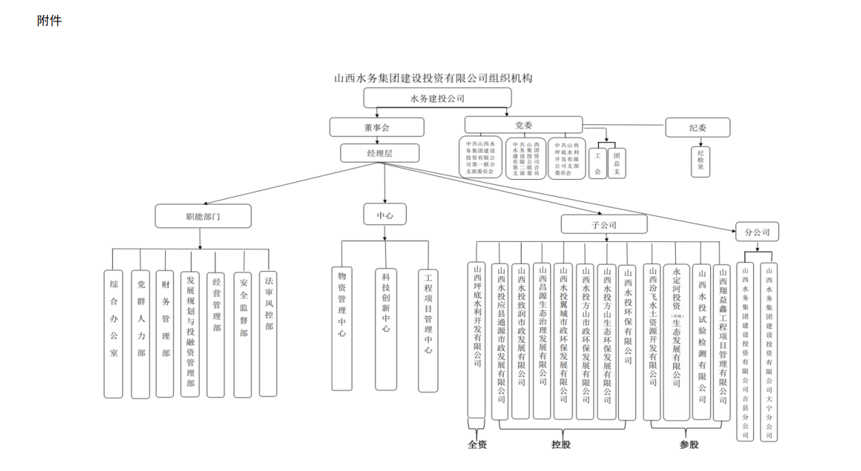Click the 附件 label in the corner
49,21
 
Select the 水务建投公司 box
437,98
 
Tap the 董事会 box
377,127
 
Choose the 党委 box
524,125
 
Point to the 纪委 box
697,128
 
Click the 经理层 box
380,153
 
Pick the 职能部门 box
203,216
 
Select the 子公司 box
604,225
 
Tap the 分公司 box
757,232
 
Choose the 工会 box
597,163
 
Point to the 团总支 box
617,163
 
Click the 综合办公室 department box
114,333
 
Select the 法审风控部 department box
269,322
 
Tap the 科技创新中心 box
386,328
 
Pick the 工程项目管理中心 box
428,330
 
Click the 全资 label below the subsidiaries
477,445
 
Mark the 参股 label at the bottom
689,445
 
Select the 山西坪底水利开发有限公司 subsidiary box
477,340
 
